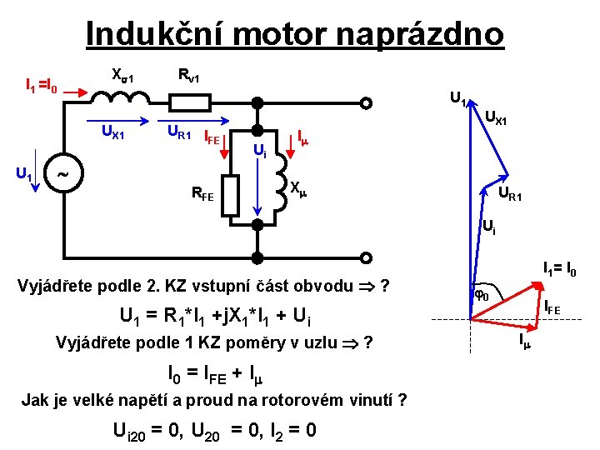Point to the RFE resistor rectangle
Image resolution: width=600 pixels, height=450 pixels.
231,193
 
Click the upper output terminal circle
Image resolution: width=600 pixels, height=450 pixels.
366,103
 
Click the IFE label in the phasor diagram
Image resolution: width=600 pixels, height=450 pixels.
552,310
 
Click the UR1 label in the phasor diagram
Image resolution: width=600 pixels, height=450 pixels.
510,196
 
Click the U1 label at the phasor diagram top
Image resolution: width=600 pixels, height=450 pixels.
457,97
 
